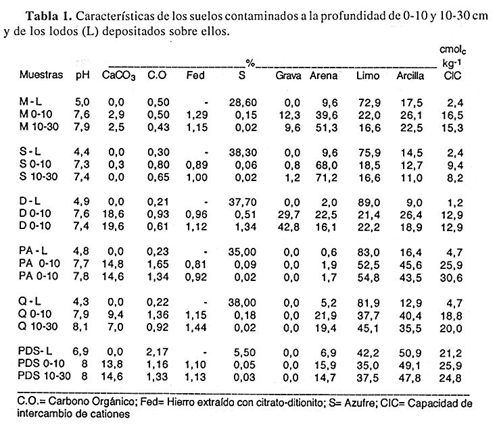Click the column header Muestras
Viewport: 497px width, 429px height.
tap(41, 75)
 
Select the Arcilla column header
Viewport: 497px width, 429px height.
tap(410, 76)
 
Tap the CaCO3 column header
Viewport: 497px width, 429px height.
tap(118, 76)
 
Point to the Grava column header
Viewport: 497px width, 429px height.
tap(288, 76)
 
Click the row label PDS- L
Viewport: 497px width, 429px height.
tap(35, 351)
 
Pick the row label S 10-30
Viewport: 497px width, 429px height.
tap(39, 176)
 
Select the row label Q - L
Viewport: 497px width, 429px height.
tap(30, 301)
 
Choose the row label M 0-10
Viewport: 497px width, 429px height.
tap(36, 114)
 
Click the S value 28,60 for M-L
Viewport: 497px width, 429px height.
tap(243, 103)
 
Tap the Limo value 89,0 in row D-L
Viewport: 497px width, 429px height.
tap(369, 202)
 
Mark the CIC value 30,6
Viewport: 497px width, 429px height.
tap(451, 278)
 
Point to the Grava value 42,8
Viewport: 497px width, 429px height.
tap(288, 227)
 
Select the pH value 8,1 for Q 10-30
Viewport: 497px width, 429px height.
tap(81, 326)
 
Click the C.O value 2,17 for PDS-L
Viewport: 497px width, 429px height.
tap(157, 352)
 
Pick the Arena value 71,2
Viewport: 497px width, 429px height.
tap(326, 178)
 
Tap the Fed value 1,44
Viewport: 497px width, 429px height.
tap(196, 328)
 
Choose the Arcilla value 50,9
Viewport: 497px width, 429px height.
tap(410, 353)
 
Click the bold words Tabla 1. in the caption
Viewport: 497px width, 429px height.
tap(49, 16)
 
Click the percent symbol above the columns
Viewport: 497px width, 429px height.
tap(250, 64)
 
